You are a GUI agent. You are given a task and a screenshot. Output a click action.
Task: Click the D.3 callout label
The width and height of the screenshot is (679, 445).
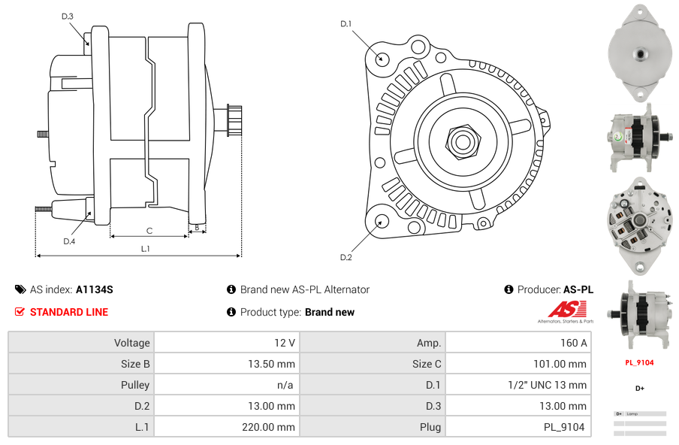point(68,16)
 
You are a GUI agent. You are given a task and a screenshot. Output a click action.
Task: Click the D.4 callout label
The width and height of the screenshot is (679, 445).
point(69,241)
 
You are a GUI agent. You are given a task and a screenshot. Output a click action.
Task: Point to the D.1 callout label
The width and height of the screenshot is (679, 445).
point(346,24)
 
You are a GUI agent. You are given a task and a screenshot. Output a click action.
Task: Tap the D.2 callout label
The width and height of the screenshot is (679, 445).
point(346,258)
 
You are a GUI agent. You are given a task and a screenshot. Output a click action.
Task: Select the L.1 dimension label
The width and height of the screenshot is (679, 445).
point(145,248)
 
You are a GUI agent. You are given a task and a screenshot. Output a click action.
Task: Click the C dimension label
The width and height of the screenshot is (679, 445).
point(149,231)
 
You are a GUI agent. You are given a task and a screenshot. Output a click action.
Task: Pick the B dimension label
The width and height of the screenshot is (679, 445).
point(197,227)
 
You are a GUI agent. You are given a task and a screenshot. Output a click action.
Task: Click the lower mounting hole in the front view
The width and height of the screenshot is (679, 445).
point(382,221)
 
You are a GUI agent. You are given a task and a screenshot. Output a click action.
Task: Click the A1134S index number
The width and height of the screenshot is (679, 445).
point(95,289)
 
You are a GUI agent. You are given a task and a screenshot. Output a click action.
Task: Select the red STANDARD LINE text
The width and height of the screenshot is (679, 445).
point(69,312)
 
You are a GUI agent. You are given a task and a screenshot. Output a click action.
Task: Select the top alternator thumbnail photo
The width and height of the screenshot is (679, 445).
point(639,53)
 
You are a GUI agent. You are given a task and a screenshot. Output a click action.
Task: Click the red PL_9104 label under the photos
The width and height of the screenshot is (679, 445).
point(639,362)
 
